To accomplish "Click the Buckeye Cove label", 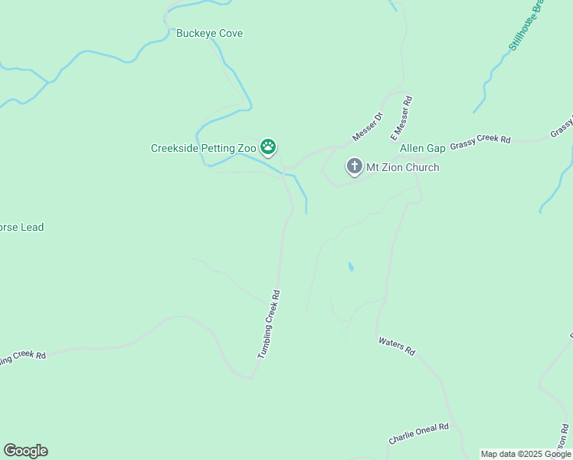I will click(x=209, y=34).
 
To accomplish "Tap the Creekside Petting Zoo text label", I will click(x=204, y=147).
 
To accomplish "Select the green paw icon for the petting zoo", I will click(x=268, y=146).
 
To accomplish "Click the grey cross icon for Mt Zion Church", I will click(x=354, y=166).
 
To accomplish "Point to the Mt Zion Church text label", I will click(x=402, y=167).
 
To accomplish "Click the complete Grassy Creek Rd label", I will click(x=480, y=141).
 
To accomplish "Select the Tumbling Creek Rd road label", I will click(x=269, y=325).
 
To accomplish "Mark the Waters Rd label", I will click(x=396, y=346).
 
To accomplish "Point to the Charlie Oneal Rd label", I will click(x=418, y=433).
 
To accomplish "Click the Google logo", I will click(x=25, y=451).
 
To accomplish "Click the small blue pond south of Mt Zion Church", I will click(x=351, y=268).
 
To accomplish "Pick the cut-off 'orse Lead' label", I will click(x=22, y=227).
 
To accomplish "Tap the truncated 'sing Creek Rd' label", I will click(x=23, y=357).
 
